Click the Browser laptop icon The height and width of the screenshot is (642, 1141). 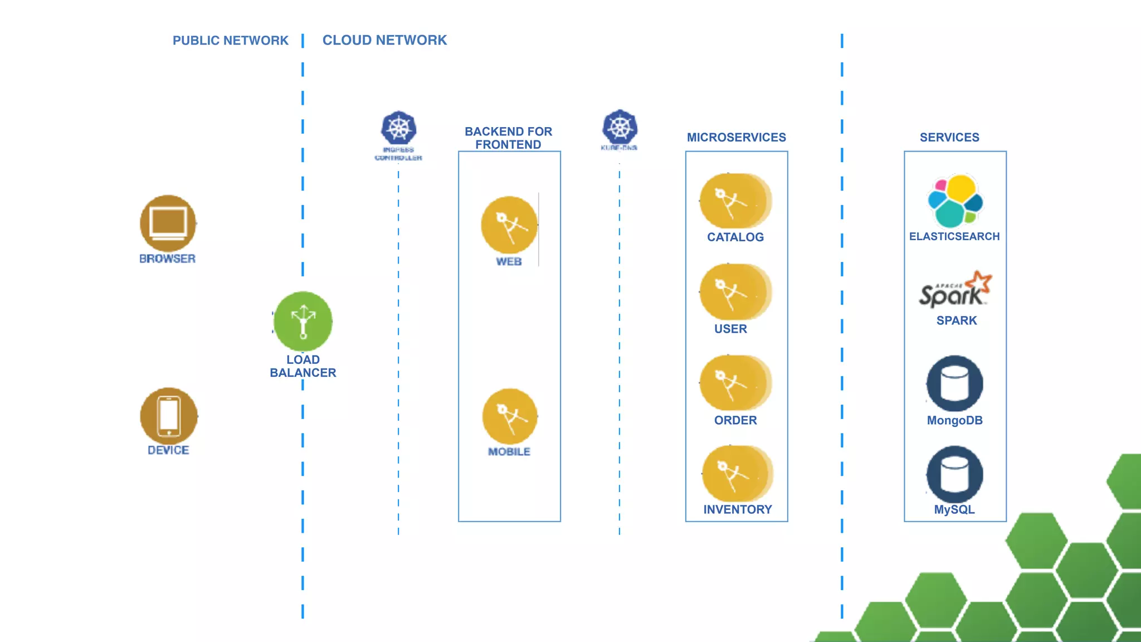168,223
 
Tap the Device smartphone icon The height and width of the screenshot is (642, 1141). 169,416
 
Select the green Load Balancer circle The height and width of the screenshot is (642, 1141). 303,322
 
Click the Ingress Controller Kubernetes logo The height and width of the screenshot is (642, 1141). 398,128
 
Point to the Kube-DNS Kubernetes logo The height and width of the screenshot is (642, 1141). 620,127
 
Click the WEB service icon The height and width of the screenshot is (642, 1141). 509,225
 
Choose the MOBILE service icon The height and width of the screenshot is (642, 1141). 510,416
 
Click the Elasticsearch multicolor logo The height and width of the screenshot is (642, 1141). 955,201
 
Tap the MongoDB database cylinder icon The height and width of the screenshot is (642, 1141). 954,383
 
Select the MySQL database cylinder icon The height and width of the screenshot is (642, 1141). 954,474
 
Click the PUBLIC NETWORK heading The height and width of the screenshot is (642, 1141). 230,41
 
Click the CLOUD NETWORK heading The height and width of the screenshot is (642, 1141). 384,40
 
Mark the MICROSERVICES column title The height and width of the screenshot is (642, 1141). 736,137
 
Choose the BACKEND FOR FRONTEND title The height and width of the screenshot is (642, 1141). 508,138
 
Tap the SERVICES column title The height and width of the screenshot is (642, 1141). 949,137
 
